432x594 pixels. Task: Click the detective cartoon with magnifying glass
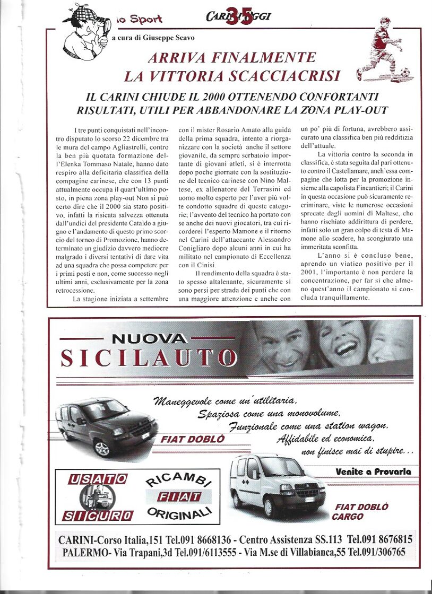coord(86,32)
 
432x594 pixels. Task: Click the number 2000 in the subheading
coord(202,97)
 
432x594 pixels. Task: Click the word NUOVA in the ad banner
coord(149,338)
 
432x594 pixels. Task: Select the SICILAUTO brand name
coord(148,357)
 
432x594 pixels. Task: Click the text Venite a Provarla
coord(373,471)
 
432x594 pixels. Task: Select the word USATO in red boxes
coord(97,479)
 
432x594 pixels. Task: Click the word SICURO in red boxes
coord(97,515)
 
